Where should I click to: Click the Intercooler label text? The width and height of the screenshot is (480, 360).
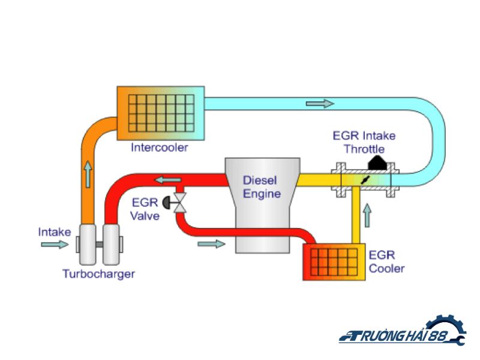tap(159, 147)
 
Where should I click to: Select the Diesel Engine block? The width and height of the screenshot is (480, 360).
tap(262, 204)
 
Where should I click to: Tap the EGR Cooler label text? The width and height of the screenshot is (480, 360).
tap(386, 262)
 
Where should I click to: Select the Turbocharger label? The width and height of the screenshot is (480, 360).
tap(99, 274)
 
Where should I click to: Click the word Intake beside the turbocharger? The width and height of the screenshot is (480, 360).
tap(55, 232)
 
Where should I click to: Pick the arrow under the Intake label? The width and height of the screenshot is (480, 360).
tap(55, 245)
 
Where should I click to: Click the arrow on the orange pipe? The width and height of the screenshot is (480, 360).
tap(89, 173)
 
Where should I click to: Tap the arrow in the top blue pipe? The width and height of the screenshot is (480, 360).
tap(319, 104)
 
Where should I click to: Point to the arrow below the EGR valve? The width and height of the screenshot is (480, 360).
tap(211, 244)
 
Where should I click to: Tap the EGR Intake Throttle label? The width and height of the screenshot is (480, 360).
tap(364, 142)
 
